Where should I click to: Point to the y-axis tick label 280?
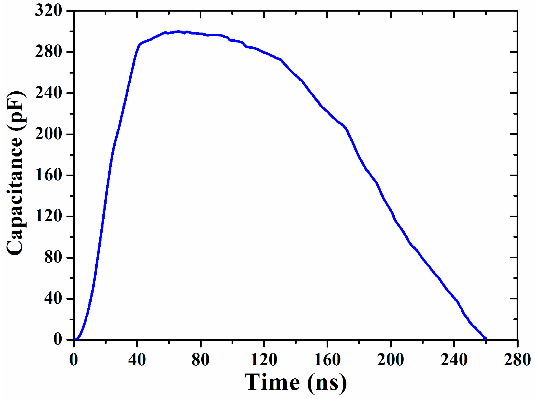[48, 52]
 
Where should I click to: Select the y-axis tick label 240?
[48, 93]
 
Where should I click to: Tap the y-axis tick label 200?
[48, 134]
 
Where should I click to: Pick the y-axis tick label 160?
[48, 175]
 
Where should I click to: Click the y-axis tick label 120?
[48, 216]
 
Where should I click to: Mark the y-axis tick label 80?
[53, 258]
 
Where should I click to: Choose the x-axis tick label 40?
[137, 360]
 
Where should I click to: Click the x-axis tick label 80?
[200, 360]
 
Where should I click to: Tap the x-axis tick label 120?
[264, 360]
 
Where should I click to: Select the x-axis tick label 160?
[327, 360]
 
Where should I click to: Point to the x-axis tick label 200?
[391, 360]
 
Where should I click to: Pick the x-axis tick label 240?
[454, 360]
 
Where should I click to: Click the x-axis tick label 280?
[517, 360]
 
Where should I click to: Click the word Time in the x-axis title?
[272, 383]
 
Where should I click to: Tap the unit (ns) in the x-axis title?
[327, 383]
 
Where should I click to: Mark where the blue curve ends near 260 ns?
[486, 338]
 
